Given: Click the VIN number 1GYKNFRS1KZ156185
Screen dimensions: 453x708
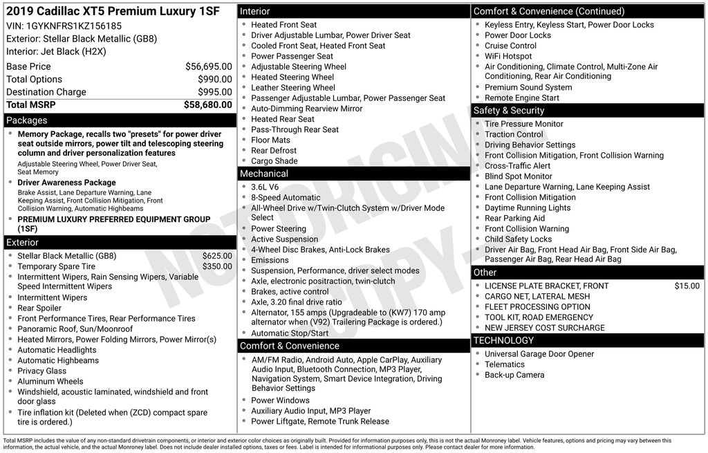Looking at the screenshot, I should (73, 26).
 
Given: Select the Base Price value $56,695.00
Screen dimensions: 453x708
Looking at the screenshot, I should (208, 66).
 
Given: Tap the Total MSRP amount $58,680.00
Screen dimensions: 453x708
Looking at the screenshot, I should (207, 104).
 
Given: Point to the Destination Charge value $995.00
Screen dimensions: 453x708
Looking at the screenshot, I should (214, 92).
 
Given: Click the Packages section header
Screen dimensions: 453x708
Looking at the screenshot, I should (27, 120).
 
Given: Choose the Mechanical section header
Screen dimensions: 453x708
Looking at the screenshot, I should (263, 173).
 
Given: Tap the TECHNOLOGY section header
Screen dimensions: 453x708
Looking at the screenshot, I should (503, 340).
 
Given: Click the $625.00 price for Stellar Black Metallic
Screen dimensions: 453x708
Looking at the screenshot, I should (217, 256).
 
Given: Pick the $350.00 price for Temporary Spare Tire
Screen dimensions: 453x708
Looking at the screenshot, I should (217, 266).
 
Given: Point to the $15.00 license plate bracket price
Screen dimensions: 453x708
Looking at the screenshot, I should (687, 286).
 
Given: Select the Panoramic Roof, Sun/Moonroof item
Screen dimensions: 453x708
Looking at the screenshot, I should (75, 329).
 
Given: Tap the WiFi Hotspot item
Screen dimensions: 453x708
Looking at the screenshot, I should (508, 56).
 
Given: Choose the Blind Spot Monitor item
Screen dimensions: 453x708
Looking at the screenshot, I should (518, 176).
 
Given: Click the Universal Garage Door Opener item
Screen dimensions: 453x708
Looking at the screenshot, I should (539, 354).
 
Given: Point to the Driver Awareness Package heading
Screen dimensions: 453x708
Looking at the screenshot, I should (66, 183).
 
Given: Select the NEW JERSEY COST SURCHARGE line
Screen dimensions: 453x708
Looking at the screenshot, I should (544, 328).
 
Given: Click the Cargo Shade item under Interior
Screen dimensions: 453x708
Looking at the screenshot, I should (274, 161).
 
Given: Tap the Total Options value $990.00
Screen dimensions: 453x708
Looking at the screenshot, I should (214, 80).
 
